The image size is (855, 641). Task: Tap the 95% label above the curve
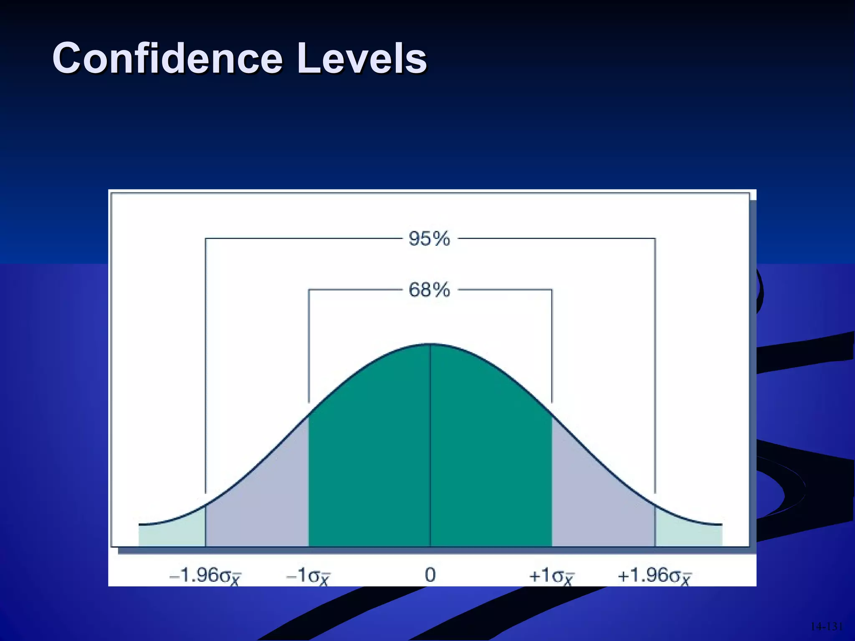point(429,239)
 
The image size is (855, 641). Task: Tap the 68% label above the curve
point(429,290)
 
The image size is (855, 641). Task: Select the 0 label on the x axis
point(430,575)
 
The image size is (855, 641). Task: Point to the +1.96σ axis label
point(654,576)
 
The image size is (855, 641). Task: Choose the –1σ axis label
point(308,576)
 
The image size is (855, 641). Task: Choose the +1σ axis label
point(551,576)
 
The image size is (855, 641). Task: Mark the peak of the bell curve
point(430,344)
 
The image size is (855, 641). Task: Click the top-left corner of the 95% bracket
point(205,239)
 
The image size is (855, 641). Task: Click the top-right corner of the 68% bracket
point(551,290)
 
